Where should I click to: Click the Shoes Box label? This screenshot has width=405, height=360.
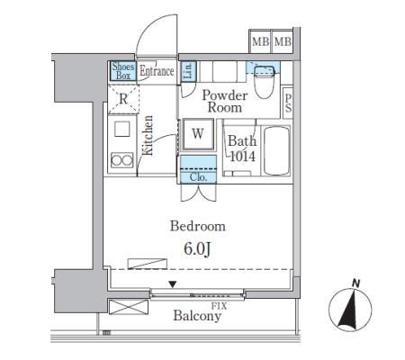(x=123, y=71)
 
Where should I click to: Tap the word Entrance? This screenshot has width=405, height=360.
(x=157, y=71)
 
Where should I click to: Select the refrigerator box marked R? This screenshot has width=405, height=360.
(x=123, y=99)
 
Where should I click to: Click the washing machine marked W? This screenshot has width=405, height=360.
(x=198, y=134)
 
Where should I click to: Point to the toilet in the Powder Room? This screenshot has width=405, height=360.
(x=265, y=81)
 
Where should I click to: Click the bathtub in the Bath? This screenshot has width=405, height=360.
(x=276, y=151)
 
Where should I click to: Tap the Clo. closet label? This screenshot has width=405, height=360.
(x=198, y=177)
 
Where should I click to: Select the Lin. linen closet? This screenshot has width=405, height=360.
(x=188, y=71)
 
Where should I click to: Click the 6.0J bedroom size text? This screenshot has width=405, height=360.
(x=197, y=248)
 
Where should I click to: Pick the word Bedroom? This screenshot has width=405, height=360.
(x=198, y=226)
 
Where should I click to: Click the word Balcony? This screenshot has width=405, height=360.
(x=197, y=316)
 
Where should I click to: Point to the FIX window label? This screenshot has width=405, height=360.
(x=220, y=306)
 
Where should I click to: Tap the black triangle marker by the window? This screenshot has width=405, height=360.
(x=172, y=284)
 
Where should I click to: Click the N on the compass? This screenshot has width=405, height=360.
(x=356, y=283)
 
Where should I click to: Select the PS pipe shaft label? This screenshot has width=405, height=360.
(x=288, y=103)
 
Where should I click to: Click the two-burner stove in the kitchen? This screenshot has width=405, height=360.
(x=122, y=160)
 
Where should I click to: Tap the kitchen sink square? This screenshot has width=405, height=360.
(x=122, y=129)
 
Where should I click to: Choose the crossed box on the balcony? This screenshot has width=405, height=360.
(x=129, y=307)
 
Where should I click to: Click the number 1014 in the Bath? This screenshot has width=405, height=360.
(x=242, y=157)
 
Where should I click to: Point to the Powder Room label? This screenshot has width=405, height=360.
(x=225, y=102)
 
